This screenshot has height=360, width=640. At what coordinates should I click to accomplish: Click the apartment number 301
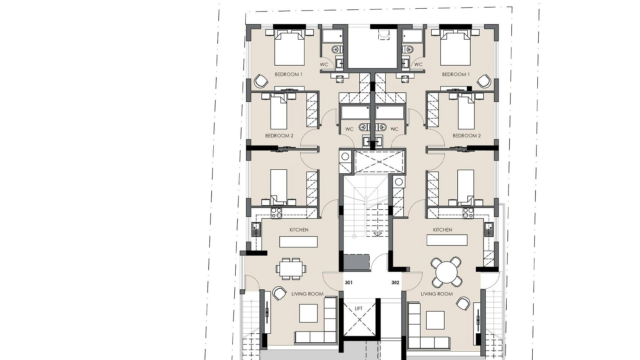pyautogui.click(x=349, y=283)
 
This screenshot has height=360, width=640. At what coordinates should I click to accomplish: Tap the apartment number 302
pyautogui.click(x=395, y=283)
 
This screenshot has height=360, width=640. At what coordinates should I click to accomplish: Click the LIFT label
pyautogui.click(x=359, y=309)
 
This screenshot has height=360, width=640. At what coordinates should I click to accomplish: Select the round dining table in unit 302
pyautogui.click(x=447, y=272)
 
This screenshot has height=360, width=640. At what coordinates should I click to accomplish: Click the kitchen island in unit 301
pyautogui.click(x=298, y=242)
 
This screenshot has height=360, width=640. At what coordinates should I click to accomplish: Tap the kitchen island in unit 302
pyautogui.click(x=447, y=240)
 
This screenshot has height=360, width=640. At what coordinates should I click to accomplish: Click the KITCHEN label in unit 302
pyautogui.click(x=443, y=230)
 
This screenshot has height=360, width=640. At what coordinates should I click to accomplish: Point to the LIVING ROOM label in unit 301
pyautogui.click(x=307, y=294)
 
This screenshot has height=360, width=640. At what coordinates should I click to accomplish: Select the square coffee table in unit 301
pyautogui.click(x=308, y=313)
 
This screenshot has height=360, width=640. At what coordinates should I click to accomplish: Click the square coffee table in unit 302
pyautogui.click(x=435, y=320)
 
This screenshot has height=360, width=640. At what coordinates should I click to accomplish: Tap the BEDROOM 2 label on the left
pyautogui.click(x=279, y=136)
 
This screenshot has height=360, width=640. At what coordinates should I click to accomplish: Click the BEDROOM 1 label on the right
pyautogui.click(x=456, y=74)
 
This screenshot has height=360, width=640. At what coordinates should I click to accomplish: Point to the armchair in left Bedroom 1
pyautogui.click(x=261, y=81)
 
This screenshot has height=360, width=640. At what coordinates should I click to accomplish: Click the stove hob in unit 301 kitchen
pyautogui.click(x=276, y=213)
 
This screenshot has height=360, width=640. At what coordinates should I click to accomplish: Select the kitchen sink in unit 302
pyautogui.click(x=489, y=229)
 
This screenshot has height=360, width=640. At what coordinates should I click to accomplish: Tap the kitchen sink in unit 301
pyautogui.click(x=256, y=229)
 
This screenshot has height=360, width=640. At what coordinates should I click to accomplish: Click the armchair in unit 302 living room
pyautogui.click(x=463, y=303)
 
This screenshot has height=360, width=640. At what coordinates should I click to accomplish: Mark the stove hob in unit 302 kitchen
pyautogui.click(x=468, y=213)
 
